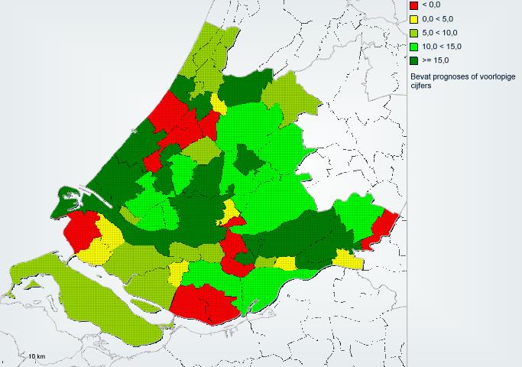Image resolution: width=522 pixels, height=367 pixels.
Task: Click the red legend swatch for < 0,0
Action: [413, 5]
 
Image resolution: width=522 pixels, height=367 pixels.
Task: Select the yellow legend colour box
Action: [413, 18]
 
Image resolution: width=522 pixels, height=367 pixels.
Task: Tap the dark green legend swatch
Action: [413, 60]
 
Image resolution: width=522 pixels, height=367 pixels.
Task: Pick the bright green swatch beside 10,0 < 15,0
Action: [413, 46]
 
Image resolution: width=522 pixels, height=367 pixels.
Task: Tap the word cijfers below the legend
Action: [422, 86]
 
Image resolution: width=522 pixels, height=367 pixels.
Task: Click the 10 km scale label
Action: [37, 356]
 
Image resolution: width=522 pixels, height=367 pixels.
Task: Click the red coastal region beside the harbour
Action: [81, 229]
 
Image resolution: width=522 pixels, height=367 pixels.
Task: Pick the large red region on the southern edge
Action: [203, 304]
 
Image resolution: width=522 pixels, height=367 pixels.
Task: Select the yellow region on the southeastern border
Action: [349, 259]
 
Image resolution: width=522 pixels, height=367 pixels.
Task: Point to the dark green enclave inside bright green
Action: [247, 160]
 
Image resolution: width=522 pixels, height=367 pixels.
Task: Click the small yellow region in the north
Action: [219, 105]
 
